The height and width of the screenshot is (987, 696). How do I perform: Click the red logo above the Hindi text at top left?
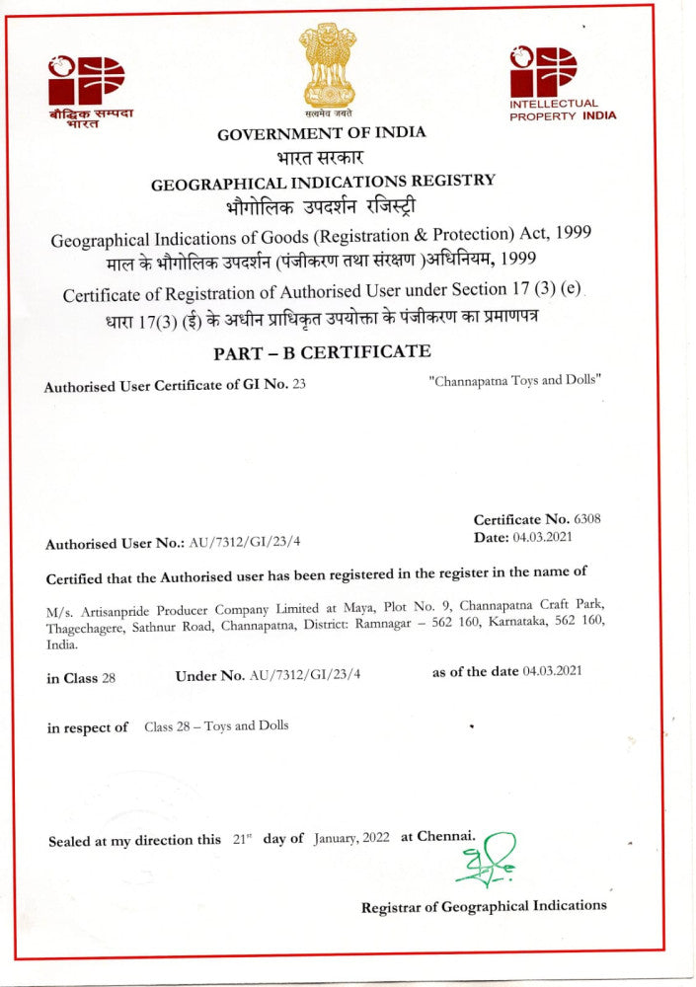click(87, 80)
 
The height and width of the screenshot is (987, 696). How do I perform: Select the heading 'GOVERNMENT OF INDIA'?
click(322, 133)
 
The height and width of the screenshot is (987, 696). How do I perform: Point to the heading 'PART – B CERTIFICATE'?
click(322, 352)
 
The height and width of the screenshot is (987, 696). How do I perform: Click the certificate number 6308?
click(587, 519)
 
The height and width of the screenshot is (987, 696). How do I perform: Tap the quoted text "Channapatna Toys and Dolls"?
click(515, 380)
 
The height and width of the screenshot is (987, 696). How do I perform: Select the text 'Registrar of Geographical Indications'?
click(484, 906)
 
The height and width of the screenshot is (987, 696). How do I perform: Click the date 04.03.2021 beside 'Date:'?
click(543, 537)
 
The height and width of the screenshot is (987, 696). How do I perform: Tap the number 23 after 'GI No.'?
click(299, 386)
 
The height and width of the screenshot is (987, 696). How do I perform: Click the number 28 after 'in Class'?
click(109, 678)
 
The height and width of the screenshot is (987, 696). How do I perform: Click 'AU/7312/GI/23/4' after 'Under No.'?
click(305, 674)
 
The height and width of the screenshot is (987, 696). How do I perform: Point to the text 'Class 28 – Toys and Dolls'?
click(216, 726)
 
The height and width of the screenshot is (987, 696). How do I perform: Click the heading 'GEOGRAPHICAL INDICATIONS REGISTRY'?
click(323, 182)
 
